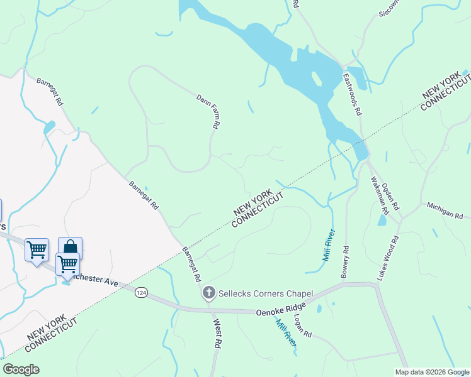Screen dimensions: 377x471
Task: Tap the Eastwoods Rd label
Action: pos(352,94)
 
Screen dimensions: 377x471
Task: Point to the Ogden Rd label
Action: pos(391,194)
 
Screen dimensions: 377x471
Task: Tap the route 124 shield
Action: pos(141,293)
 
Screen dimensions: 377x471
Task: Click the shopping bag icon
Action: pos(70,247)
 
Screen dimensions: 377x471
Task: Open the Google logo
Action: pos(21,369)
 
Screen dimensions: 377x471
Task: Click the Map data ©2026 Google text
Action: pos(432,372)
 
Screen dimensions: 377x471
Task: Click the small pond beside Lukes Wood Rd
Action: pos(382,220)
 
